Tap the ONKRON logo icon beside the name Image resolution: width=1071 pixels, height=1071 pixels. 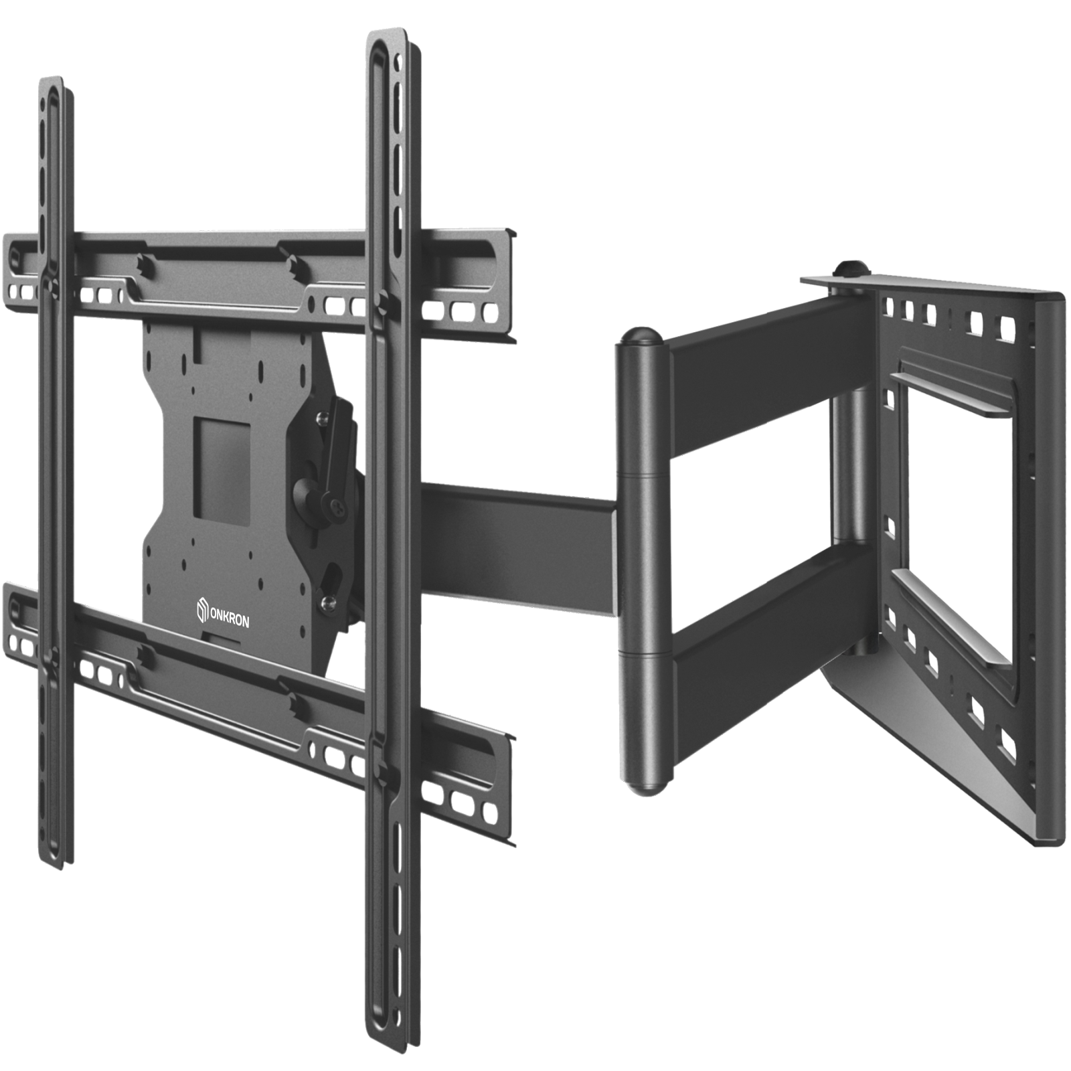(203, 611)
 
